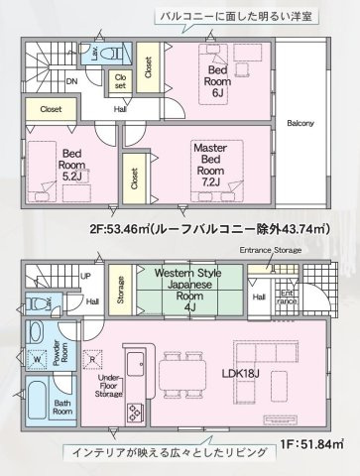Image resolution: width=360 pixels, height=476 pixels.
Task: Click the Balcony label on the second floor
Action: coord(300,124)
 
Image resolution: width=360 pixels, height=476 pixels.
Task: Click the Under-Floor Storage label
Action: coord(111,385)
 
